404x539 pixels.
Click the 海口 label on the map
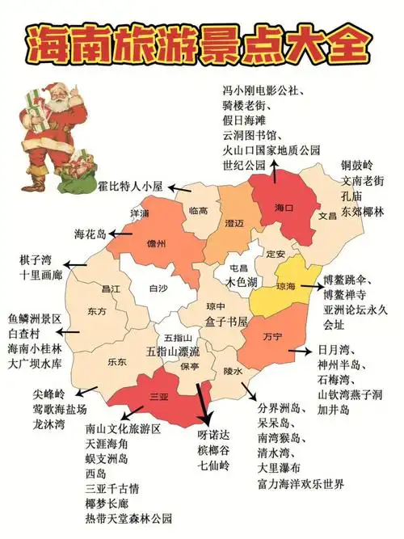(282, 208)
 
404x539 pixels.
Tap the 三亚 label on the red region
(159, 397)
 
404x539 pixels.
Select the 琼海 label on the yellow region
(285, 286)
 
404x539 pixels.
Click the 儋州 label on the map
(156, 243)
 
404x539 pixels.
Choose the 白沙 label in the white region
(158, 288)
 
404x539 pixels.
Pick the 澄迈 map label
(234, 223)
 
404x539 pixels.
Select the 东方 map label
(97, 311)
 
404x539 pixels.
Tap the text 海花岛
(90, 234)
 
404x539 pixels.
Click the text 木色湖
(242, 282)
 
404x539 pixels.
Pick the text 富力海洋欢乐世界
(301, 483)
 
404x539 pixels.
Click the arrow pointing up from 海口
(275, 171)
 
